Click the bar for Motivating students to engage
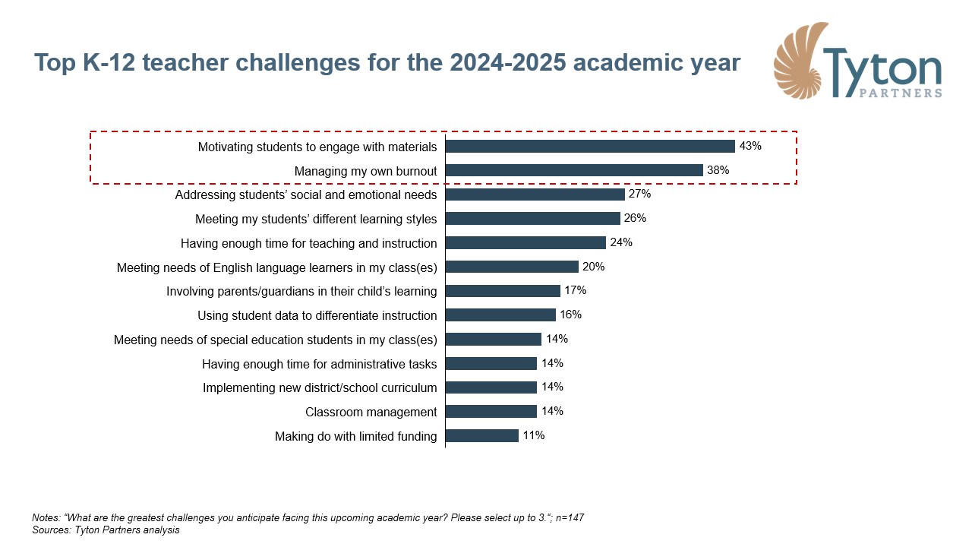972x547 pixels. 590,147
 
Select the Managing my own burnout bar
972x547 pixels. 574,171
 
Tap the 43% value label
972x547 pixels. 750,146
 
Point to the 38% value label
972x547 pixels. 718,170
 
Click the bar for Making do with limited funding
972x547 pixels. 482,436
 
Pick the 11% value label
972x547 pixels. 533,435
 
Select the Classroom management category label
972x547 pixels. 371,412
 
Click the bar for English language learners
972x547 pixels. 512,267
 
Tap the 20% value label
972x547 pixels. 593,267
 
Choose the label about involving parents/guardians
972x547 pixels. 301,291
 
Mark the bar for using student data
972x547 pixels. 500,315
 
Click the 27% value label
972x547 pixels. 639,194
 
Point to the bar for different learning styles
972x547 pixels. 533,219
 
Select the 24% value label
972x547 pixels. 620,243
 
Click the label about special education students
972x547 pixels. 275,340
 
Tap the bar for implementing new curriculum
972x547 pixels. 491,387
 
